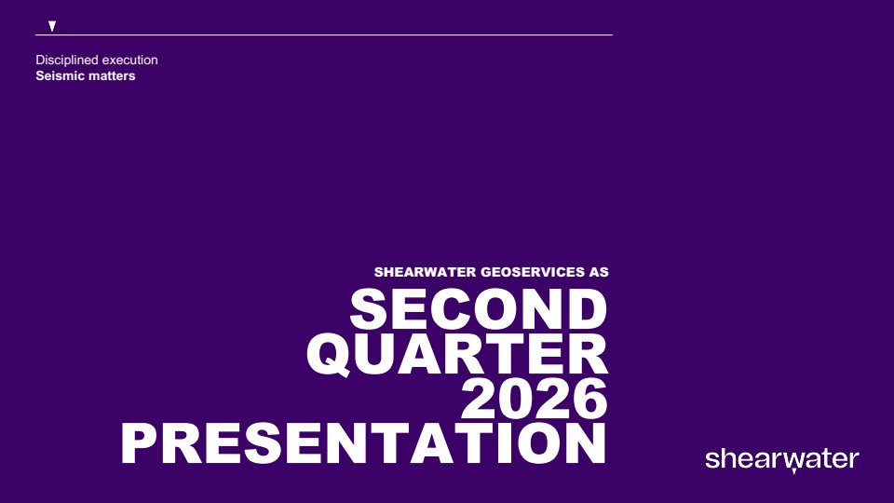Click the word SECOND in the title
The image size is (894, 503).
pyautogui.click(x=479, y=309)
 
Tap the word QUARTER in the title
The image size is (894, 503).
pyautogui.click(x=457, y=354)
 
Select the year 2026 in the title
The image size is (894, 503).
pyautogui.click(x=535, y=398)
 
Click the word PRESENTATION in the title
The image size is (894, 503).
pyautogui.click(x=364, y=443)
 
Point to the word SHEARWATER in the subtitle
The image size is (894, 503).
pyautogui.click(x=426, y=272)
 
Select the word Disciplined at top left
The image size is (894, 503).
pyautogui.click(x=67, y=60)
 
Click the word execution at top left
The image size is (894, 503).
pyautogui.click(x=130, y=60)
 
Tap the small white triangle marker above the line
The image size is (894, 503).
pyautogui.click(x=52, y=26)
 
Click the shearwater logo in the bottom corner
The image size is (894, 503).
pyautogui.click(x=782, y=460)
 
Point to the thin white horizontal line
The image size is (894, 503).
pyautogui.click(x=324, y=34)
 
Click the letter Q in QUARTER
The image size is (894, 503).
pyautogui.click(x=329, y=355)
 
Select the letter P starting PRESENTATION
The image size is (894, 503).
pyautogui.click(x=138, y=443)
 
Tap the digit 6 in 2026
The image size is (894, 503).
pyautogui.click(x=589, y=398)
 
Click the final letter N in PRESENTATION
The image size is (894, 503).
pyautogui.click(x=586, y=443)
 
